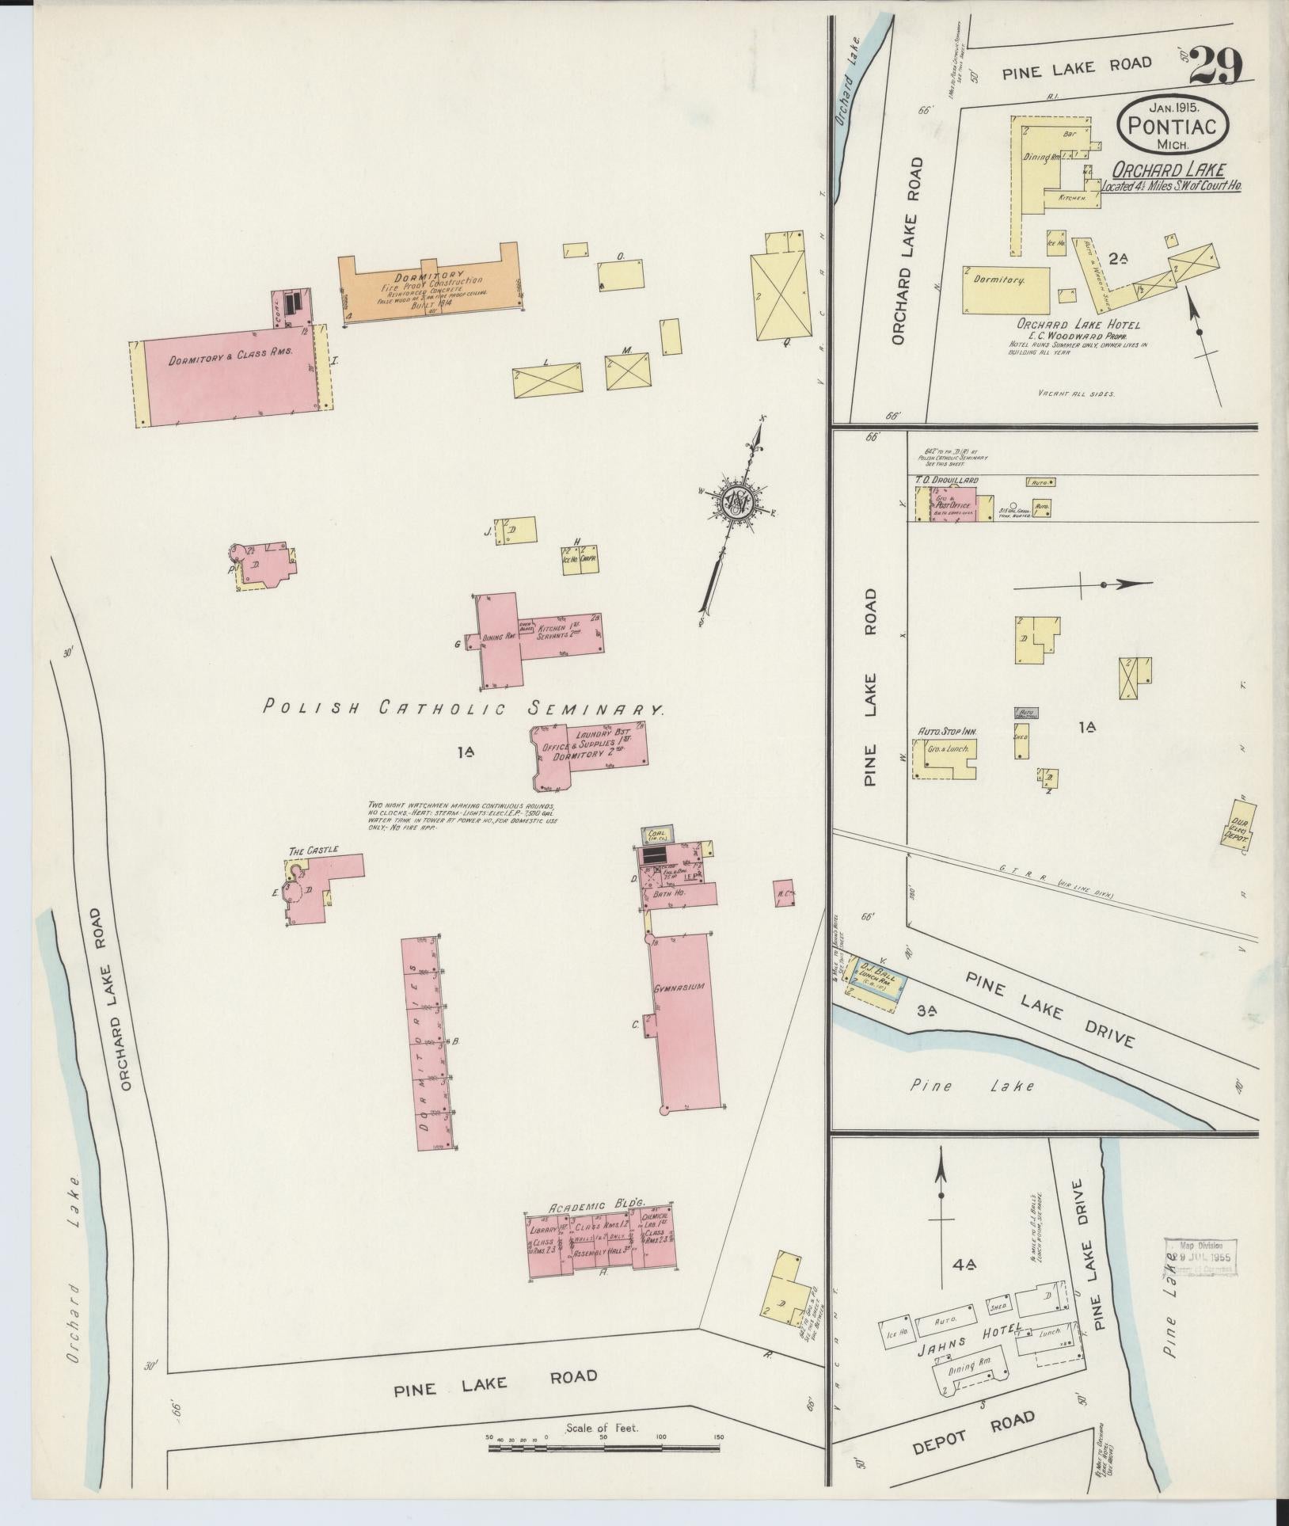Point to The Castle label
[314, 850]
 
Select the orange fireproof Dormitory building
[432, 290]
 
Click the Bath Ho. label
[671, 892]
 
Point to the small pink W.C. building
[784, 892]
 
